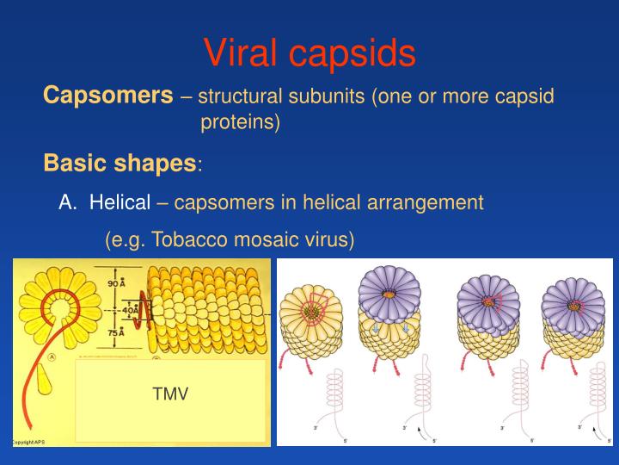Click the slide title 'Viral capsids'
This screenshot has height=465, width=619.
tap(309, 53)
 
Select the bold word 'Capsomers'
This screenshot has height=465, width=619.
tap(108, 95)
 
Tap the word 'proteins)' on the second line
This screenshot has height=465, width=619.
tap(241, 123)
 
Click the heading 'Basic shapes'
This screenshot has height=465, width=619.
tap(120, 163)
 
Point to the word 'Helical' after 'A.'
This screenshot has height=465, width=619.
tap(120, 202)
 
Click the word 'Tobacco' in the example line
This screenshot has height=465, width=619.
tap(191, 240)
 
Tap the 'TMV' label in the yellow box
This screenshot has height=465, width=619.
tap(170, 394)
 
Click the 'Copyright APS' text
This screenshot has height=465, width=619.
tap(28, 442)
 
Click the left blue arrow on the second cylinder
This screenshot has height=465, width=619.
tap(375, 328)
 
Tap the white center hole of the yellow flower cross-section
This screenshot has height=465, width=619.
tap(61, 305)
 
